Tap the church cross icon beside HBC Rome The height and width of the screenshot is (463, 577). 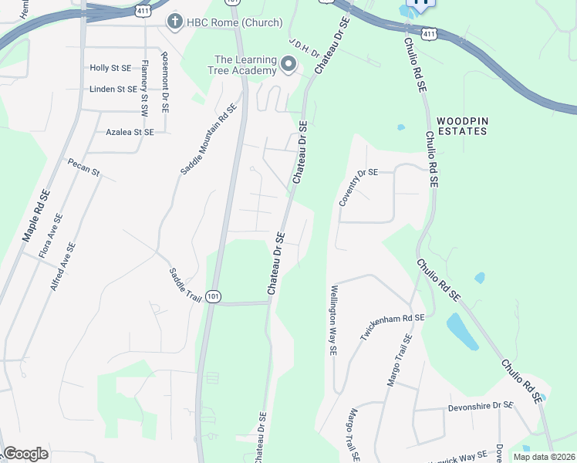[175, 21]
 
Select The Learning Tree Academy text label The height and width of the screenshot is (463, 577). [245, 65]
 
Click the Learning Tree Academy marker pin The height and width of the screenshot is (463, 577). [289, 65]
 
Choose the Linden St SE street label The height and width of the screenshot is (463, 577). [113, 89]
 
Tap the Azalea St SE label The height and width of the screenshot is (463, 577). [130, 132]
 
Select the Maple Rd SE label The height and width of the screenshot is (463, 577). [35, 215]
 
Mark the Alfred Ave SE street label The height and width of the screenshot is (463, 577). [62, 267]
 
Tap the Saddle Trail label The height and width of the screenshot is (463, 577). [184, 286]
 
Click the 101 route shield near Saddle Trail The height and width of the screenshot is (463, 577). [214, 296]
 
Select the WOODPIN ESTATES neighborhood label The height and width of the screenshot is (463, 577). [461, 126]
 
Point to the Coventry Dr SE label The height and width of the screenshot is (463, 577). [358, 187]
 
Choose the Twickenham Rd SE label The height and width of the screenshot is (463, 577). [393, 328]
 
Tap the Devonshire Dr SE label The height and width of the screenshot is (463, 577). [481, 405]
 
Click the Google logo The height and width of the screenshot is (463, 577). [25, 454]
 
